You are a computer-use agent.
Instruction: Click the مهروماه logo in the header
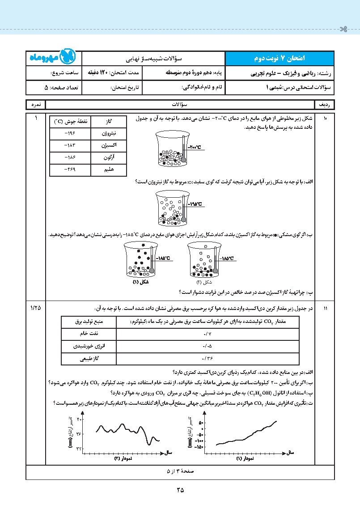click(53, 58)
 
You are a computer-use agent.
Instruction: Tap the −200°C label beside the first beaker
click(195, 147)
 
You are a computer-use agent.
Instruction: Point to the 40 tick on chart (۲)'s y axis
click(79, 419)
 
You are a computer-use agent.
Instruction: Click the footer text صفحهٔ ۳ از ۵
click(180, 472)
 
